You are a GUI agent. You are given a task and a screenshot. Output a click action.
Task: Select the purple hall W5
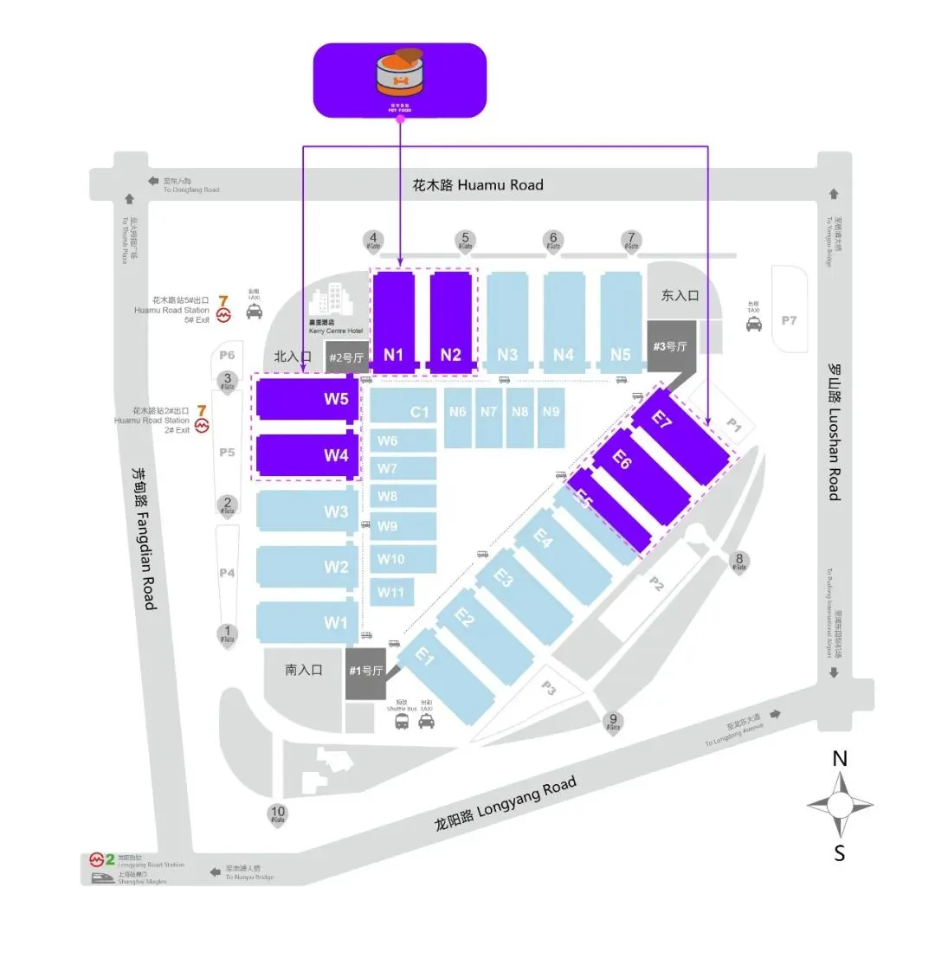(x=305, y=400)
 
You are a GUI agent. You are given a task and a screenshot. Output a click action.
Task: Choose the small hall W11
(x=392, y=593)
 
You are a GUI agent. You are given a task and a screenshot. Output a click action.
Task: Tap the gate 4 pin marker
(x=373, y=240)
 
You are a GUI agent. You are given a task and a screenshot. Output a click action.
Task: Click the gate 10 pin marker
(x=278, y=814)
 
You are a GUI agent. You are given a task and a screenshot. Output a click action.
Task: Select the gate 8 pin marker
(x=739, y=561)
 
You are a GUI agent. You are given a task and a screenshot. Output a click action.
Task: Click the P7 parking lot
(x=788, y=320)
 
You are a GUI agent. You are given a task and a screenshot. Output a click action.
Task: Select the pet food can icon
(x=399, y=78)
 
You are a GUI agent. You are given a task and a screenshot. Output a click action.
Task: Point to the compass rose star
(x=839, y=805)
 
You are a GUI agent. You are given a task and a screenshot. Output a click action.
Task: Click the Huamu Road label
(x=477, y=184)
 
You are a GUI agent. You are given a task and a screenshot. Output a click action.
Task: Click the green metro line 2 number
(x=110, y=859)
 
